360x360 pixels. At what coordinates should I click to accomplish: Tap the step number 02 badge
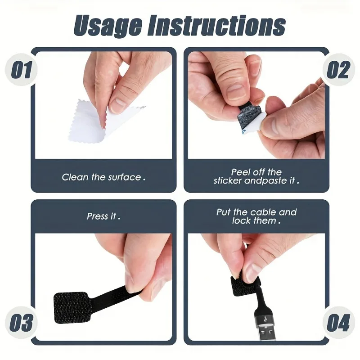coord(338,71)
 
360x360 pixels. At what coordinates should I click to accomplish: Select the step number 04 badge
coord(338,323)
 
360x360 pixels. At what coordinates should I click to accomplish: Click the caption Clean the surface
coord(103,177)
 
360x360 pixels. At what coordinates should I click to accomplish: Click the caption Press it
coord(103,216)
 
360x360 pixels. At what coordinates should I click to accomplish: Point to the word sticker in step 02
coord(228,181)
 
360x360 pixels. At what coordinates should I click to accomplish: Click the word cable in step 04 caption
coord(263,212)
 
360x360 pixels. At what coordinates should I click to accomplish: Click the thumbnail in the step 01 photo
coord(118,105)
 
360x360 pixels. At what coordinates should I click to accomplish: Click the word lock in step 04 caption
coord(242,221)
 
